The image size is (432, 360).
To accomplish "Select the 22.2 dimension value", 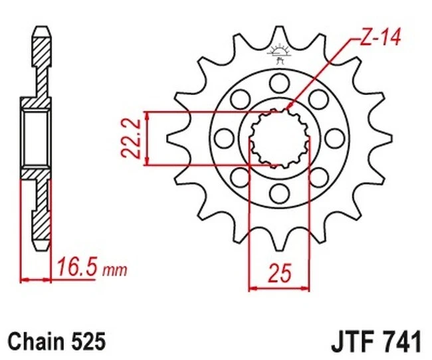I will point(135,137).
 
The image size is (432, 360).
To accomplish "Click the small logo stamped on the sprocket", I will point(278,55).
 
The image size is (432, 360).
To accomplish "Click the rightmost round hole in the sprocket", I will point(333,137).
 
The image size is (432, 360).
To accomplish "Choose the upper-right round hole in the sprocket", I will point(317,99).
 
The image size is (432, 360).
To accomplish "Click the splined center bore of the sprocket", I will point(278,137).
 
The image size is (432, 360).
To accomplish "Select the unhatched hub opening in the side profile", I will point(36,139).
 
